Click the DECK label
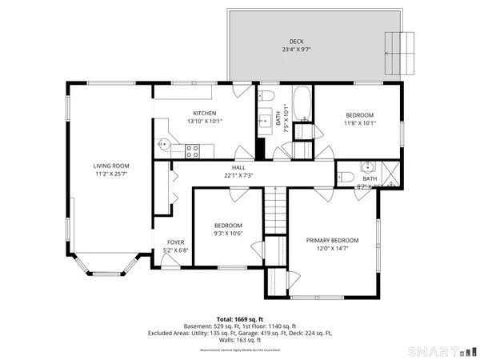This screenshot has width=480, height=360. pyautogui.click(x=296, y=41)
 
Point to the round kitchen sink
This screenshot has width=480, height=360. pyautogui.click(x=163, y=144)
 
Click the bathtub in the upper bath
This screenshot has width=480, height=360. pyautogui.click(x=302, y=103)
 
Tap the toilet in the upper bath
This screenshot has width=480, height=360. pyautogui.click(x=267, y=97)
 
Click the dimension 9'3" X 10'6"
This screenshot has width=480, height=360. pyautogui.click(x=228, y=234)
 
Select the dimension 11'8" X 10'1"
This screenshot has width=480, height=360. pyautogui.click(x=359, y=123)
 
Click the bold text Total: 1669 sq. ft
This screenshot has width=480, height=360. pyautogui.click(x=240, y=319)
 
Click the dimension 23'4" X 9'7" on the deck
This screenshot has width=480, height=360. pyautogui.click(x=296, y=50)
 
